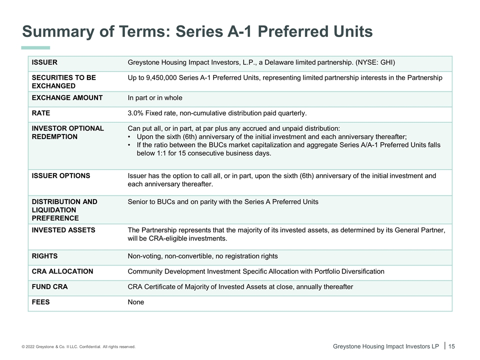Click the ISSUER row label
(x=44, y=62)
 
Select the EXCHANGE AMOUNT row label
(x=67, y=98)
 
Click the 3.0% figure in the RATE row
(x=136, y=113)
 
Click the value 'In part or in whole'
(x=155, y=98)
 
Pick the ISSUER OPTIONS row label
(x=61, y=175)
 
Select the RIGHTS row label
(x=44, y=256)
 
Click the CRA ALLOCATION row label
(x=62, y=271)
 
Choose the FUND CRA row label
(x=49, y=287)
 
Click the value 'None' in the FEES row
(x=136, y=302)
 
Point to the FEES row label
(x=40, y=302)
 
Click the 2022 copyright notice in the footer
(x=78, y=346)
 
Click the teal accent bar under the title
(x=35, y=48)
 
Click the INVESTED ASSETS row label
(x=63, y=230)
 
